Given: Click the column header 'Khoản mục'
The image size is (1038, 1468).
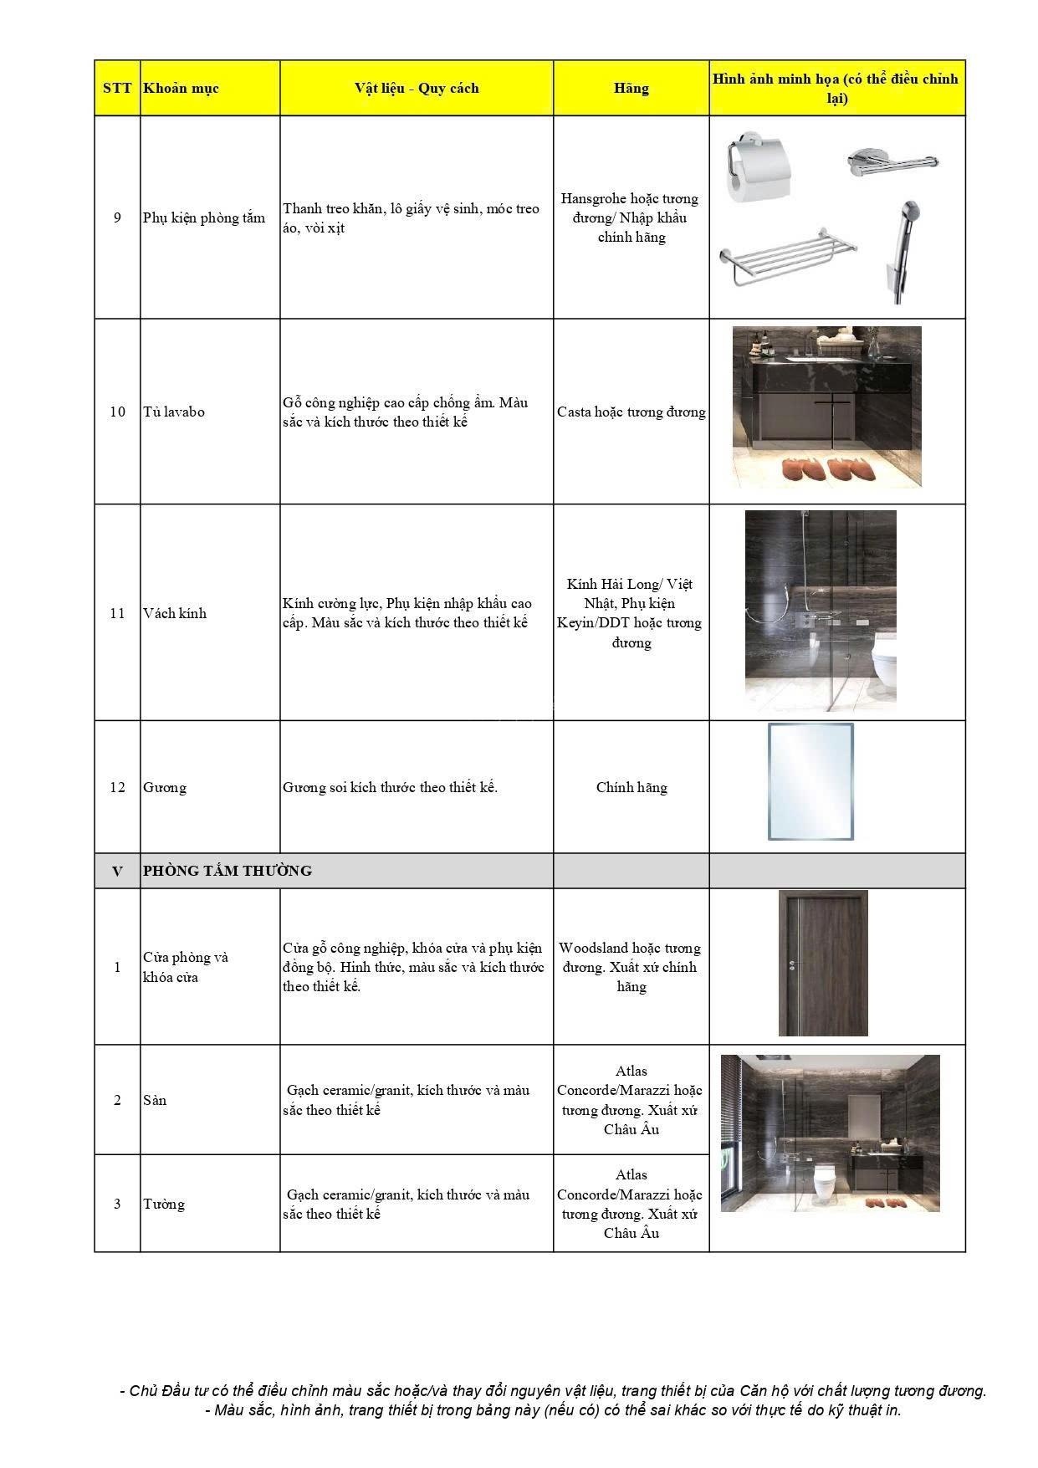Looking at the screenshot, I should click(181, 89).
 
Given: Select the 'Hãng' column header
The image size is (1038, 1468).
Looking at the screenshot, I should click(631, 89).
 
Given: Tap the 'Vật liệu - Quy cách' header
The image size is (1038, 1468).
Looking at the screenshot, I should click(417, 89).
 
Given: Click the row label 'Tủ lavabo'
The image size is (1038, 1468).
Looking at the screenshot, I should click(174, 412).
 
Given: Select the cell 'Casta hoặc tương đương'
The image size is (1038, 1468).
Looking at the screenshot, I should click(631, 412).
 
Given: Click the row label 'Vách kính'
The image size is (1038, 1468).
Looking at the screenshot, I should click(175, 613).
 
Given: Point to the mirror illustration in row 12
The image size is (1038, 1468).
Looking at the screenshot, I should click(810, 781).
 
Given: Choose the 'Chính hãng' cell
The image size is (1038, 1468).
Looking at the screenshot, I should click(631, 787).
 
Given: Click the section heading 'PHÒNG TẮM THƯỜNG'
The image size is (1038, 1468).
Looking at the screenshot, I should click(228, 871).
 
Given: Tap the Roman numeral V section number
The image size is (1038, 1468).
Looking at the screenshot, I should click(117, 871).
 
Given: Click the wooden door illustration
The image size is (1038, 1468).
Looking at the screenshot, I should click(823, 964).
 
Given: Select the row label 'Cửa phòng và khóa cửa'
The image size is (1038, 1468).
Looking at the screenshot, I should click(186, 967).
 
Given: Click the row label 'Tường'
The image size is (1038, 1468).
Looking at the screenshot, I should click(164, 1204).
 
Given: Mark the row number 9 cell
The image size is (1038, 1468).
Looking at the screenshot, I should click(117, 217).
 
